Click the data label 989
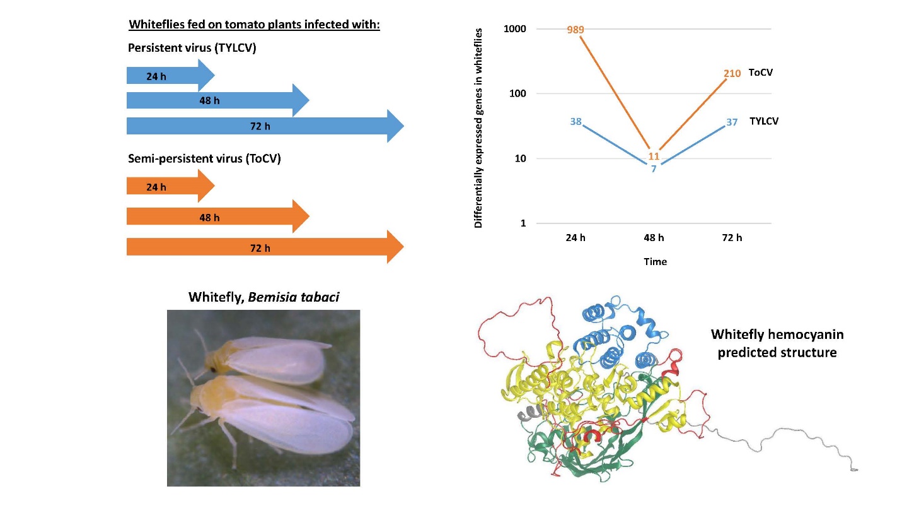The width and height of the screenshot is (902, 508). pyautogui.click(x=575, y=30)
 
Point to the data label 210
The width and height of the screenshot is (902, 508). pyautogui.click(x=732, y=74)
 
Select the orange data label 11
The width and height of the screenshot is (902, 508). pyautogui.click(x=654, y=156)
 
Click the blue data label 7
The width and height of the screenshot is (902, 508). pyautogui.click(x=654, y=169)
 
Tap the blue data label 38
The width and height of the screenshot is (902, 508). pyautogui.click(x=575, y=121)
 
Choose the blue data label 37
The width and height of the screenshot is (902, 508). pyautogui.click(x=732, y=122)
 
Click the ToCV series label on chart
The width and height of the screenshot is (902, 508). pyautogui.click(x=761, y=73)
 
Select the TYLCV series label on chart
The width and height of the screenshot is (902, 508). pyautogui.click(x=764, y=121)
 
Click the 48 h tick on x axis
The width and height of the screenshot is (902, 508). pyautogui.click(x=654, y=238)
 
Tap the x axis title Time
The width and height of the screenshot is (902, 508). pyautogui.click(x=655, y=261)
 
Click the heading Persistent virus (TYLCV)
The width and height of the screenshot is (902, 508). pyautogui.click(x=192, y=48)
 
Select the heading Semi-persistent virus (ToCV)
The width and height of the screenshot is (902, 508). pyautogui.click(x=204, y=158)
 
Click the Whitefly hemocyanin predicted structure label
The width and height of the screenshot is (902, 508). pyautogui.click(x=777, y=343)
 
